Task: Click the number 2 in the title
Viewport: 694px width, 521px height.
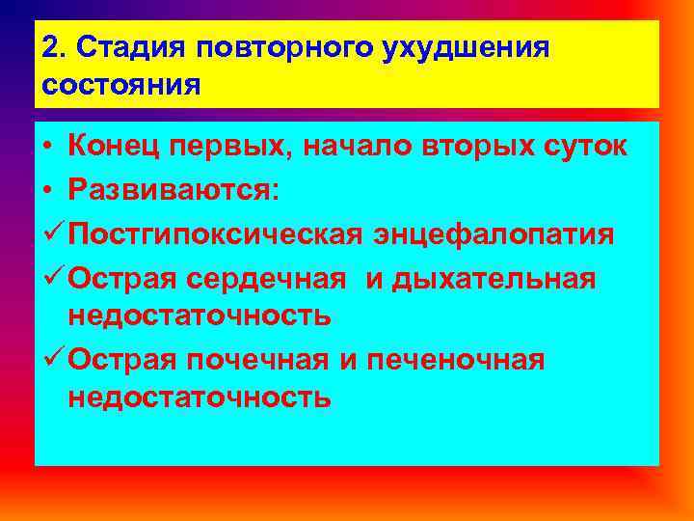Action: click(x=50, y=48)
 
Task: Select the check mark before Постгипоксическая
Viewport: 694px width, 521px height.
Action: click(x=52, y=233)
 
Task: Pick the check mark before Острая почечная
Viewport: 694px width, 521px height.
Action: click(x=52, y=360)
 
